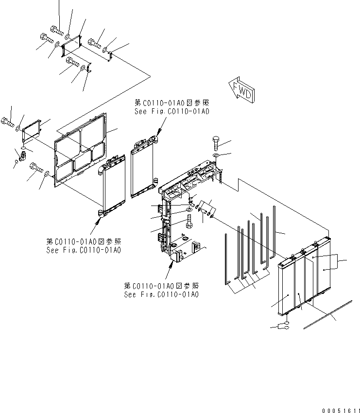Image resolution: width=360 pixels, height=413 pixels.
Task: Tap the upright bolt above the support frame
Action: pos(217,144)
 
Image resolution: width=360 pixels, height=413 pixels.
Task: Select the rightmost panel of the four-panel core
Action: pos(323,270)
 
